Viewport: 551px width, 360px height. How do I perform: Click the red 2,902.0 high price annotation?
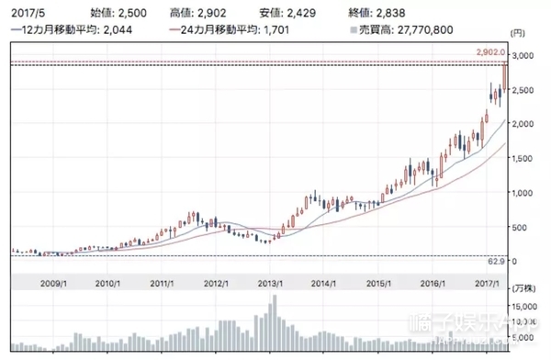[492, 53]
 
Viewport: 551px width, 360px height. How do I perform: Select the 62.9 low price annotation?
[497, 262]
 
